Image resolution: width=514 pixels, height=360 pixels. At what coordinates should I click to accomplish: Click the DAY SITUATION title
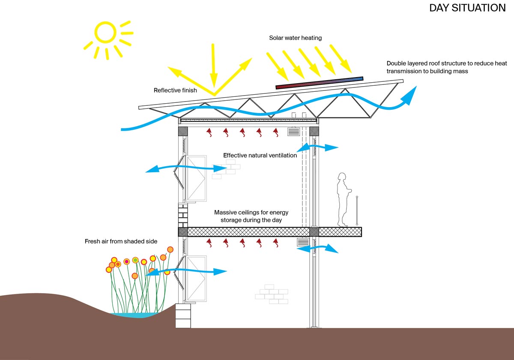[x=467, y=8]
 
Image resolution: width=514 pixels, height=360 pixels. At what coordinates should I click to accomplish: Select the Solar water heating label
[x=295, y=38]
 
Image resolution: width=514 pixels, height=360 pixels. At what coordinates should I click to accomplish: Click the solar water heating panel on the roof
[x=319, y=82]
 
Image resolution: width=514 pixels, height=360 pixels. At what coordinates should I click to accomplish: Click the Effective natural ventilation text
[x=260, y=156]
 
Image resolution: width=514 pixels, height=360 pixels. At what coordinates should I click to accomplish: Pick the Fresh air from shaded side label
[x=121, y=242]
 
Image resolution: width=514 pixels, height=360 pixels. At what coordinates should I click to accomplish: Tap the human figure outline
[x=343, y=200]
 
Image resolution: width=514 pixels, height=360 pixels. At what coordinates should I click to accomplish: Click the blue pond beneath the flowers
[x=133, y=316]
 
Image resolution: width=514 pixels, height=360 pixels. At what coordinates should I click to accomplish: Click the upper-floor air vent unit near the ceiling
[x=294, y=132]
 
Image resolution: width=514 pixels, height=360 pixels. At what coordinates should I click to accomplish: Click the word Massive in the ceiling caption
[x=225, y=213]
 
